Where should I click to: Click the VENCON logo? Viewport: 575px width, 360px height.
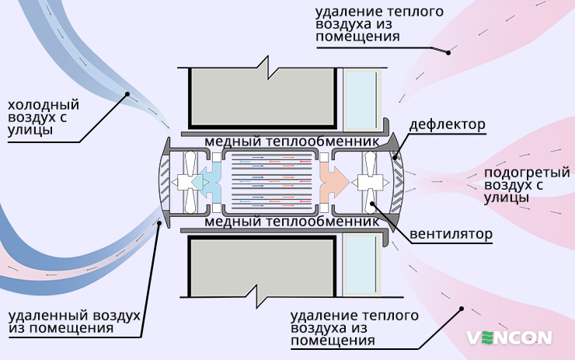pyautogui.click(x=509, y=337)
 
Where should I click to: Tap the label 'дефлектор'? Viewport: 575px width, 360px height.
pyautogui.click(x=448, y=124)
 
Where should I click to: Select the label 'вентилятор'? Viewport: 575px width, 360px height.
pyautogui.click(x=451, y=234)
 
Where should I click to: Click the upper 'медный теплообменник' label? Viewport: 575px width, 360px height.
pyautogui.click(x=291, y=143)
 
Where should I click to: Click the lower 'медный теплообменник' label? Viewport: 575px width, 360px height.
pyautogui.click(x=291, y=221)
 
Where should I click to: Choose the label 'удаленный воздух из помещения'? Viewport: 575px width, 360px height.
pyautogui.click(x=74, y=322)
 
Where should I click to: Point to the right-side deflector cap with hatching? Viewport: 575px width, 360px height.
pyautogui.click(x=399, y=180)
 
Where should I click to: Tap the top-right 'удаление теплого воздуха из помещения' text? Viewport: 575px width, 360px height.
pyautogui.click(x=369, y=24)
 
